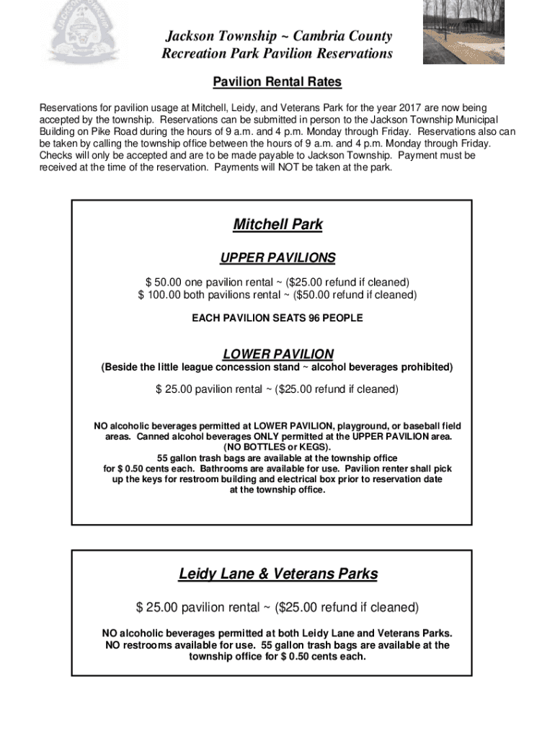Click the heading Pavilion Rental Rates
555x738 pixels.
tap(277, 82)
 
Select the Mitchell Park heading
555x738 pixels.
tap(277, 224)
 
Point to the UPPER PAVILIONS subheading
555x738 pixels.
tap(277, 258)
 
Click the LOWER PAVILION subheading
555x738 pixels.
tap(277, 354)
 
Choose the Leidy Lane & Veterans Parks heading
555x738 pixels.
tap(277, 574)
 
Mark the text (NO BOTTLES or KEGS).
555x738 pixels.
tap(277, 448)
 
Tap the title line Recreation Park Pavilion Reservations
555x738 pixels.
tap(277, 54)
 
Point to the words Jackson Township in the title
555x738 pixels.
tap(221, 36)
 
